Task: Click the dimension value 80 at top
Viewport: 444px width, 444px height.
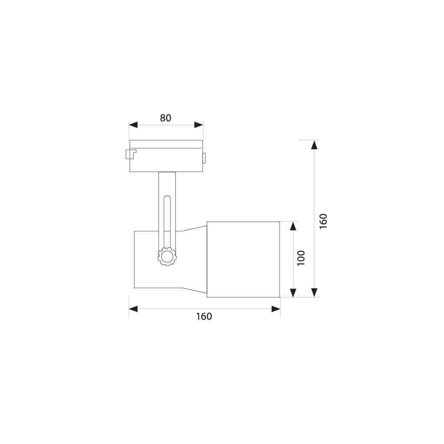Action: coord(165,118)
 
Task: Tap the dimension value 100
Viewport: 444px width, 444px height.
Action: coord(301,258)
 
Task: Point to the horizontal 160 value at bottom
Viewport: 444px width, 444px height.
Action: coord(204,317)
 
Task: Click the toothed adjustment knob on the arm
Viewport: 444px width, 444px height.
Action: coord(167,257)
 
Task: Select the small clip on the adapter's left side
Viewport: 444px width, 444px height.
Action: coord(131,155)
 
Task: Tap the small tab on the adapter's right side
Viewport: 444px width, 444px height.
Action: coord(205,158)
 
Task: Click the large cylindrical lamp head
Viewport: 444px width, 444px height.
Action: coord(243,259)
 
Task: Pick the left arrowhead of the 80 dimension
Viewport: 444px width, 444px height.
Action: coord(133,125)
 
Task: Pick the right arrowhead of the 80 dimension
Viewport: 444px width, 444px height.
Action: coord(199,125)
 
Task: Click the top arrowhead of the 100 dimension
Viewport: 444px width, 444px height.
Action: coord(293,226)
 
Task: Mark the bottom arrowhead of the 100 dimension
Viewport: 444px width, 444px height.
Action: coord(293,292)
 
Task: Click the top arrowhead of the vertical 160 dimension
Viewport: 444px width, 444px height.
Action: coord(314,145)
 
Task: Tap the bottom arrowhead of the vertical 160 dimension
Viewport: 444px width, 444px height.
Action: coord(314,292)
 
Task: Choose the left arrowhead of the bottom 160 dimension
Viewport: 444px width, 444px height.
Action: coord(134,309)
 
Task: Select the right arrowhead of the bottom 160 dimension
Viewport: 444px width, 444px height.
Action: coord(276,309)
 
